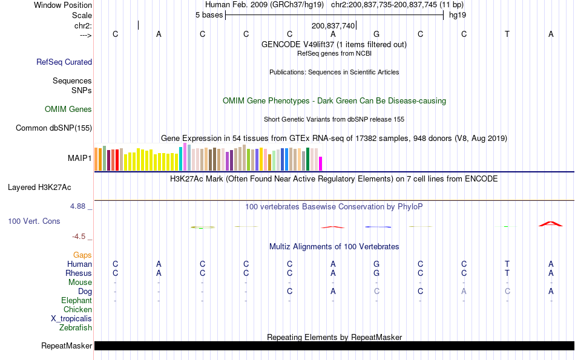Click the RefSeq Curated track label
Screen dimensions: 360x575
point(64,62)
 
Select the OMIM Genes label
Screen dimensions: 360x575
point(68,110)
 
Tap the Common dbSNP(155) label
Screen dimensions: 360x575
point(54,128)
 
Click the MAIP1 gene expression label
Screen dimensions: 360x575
point(80,159)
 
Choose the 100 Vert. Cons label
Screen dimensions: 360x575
point(34,221)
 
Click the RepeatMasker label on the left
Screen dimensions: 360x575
point(67,346)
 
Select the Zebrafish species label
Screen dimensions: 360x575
point(76,328)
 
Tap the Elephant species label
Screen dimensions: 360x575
point(76,301)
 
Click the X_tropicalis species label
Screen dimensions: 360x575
point(71,319)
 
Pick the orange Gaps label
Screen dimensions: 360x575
point(82,255)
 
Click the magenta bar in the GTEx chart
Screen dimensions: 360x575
point(321,164)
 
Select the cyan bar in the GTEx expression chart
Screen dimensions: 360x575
point(181,159)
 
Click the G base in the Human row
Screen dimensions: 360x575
point(376,264)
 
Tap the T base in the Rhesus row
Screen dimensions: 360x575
point(507,273)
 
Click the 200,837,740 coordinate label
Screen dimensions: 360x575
point(333,26)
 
